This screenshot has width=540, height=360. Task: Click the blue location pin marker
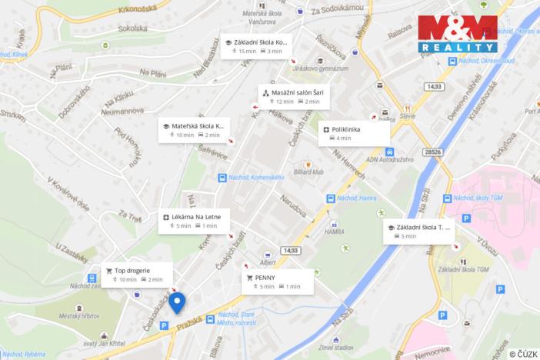(178, 302)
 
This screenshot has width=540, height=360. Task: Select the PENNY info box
(278, 282)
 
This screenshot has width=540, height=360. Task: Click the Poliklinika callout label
(354, 133)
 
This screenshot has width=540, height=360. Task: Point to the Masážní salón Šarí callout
(291, 96)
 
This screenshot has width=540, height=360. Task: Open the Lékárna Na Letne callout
(192, 222)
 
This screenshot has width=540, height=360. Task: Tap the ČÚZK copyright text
(522, 353)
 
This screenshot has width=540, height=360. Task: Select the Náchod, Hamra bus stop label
(355, 198)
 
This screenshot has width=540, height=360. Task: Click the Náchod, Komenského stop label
(257, 178)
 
